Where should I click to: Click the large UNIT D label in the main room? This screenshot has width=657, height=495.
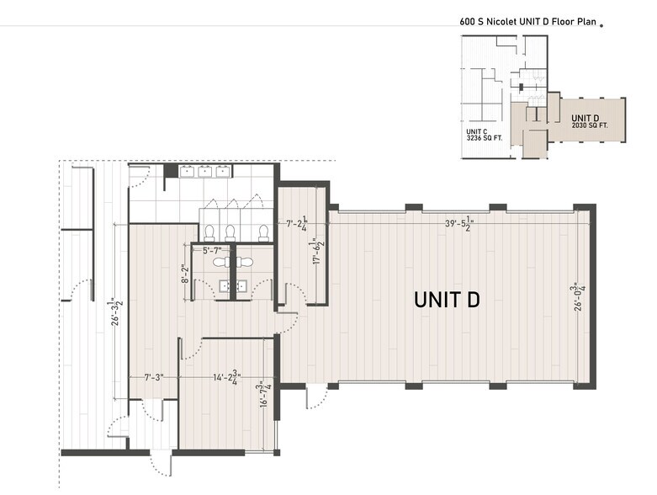point(446,299)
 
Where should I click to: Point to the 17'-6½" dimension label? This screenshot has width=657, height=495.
point(319,252)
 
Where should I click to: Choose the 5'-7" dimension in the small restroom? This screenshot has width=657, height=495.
point(217,251)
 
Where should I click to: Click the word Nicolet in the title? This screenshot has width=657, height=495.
point(501,23)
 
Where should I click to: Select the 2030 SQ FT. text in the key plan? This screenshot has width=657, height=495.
point(590,125)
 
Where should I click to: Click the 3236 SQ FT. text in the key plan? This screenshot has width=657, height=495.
point(485,139)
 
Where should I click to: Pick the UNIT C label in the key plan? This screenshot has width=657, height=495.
point(477,131)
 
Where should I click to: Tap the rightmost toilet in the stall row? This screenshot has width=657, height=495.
point(263,232)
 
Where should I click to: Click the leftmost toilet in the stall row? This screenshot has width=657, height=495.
point(209,232)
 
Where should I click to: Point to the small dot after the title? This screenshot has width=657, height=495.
point(601,25)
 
